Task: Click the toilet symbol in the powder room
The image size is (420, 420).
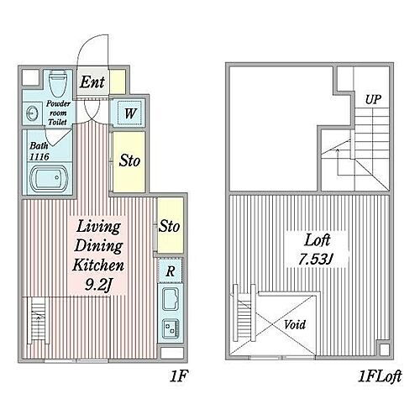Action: tap(58, 83)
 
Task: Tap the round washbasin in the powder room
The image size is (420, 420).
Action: tap(30, 113)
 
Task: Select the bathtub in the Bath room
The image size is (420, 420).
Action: tap(49, 178)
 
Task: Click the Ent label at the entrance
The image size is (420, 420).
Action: tap(92, 82)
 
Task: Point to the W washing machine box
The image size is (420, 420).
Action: tap(129, 113)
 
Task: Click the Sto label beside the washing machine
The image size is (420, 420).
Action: tap(129, 160)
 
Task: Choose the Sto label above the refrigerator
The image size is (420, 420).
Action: tap(169, 226)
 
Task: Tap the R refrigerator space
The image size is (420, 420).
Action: tap(171, 270)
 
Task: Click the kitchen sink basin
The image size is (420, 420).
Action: tap(171, 299)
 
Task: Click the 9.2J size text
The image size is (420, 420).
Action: tap(98, 286)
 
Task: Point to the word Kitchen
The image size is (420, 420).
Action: tap(98, 265)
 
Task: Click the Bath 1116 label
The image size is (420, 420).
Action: tap(39, 151)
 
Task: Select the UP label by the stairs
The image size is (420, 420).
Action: tap(373, 99)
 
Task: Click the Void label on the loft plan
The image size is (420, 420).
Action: tap(295, 325)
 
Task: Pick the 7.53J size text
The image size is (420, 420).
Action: tap(316, 260)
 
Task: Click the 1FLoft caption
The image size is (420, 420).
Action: tap(381, 376)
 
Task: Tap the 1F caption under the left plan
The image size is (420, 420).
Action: tap(178, 376)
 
